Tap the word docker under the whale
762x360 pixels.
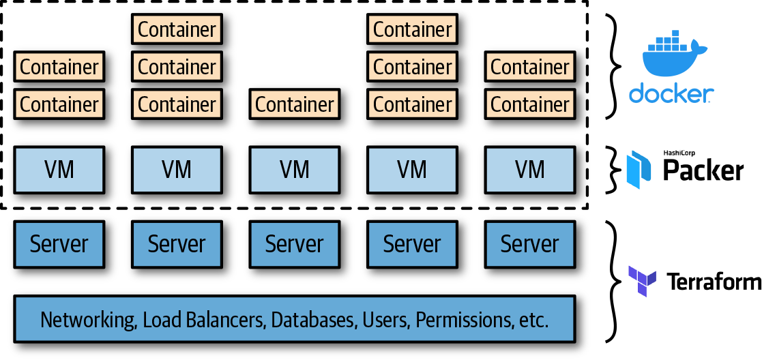671,94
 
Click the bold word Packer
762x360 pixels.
703,171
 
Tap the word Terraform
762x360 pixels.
714,282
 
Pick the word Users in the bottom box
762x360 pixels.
386,319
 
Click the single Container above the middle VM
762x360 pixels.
295,104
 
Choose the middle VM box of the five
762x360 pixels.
295,168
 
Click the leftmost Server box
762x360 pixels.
59,243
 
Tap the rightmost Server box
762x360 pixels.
530,243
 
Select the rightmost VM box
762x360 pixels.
530,168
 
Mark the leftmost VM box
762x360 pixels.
59,168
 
